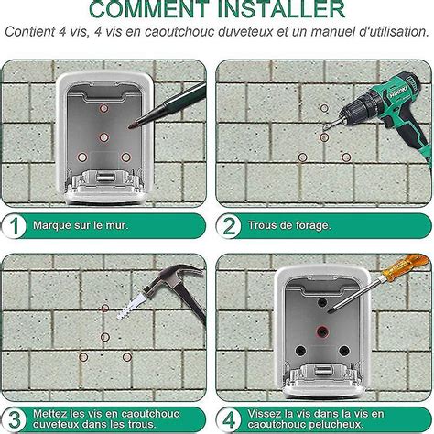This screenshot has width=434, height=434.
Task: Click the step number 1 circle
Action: tap(14, 226)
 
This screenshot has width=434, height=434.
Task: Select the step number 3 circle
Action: tap(14, 419)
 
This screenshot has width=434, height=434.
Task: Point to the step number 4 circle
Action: tap(229, 419)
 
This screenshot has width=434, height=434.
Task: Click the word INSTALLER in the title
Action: tap(281, 9)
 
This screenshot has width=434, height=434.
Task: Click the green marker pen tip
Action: tap(132, 125)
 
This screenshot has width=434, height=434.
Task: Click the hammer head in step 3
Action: tap(171, 277)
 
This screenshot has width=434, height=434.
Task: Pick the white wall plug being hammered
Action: tap(131, 306)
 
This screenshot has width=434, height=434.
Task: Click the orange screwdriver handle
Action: tap(405, 265)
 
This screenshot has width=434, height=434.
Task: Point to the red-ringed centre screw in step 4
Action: tap(321, 331)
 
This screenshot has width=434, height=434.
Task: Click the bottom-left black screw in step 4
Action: tap(300, 351)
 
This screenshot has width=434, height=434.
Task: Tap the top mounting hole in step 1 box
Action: tap(103, 108)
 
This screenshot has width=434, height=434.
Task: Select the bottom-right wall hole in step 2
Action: tap(346, 157)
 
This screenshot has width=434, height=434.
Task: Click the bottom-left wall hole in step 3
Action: tap(83, 357)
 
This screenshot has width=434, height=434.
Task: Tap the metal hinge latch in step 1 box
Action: tap(103, 177)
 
